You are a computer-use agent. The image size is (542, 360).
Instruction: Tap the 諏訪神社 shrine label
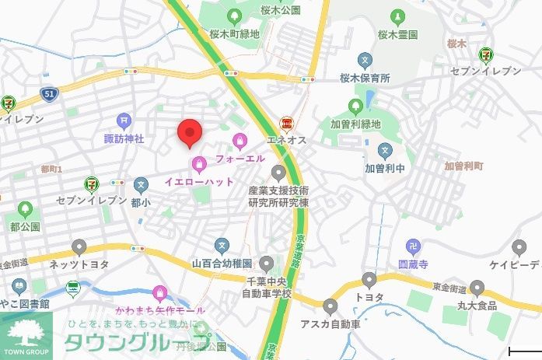click(124, 138)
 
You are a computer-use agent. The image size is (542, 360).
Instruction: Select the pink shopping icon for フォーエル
click(240, 142)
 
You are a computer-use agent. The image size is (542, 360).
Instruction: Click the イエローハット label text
click(199, 181)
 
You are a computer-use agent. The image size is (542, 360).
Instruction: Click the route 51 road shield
click(49, 93)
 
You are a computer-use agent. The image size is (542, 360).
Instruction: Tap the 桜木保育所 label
click(364, 79)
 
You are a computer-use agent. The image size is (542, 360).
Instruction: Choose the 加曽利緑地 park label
click(355, 124)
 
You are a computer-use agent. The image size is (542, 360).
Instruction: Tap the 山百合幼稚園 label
click(222, 264)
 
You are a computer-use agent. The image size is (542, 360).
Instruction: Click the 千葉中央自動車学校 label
click(268, 288)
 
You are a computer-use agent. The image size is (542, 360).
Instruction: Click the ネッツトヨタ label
click(79, 264)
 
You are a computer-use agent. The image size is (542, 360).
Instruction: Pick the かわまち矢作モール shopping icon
click(160, 293)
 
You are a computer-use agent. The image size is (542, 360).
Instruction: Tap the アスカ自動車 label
click(330, 323)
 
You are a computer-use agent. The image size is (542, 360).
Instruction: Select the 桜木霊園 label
click(398, 35)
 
